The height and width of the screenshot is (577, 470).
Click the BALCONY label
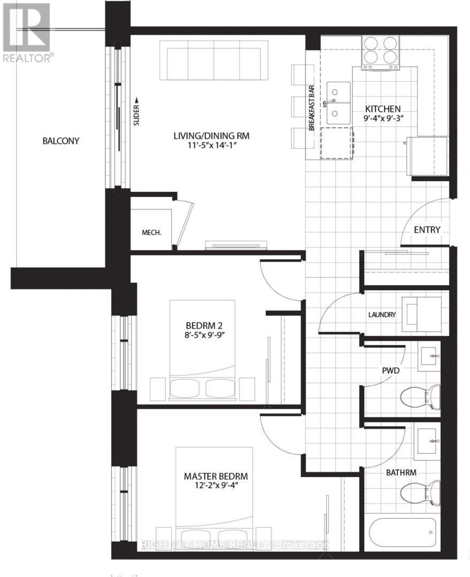click(x=60, y=141)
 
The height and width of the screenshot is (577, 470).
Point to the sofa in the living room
click(x=214, y=62)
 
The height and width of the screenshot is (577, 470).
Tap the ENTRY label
click(x=427, y=230)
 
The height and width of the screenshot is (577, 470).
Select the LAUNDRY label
click(x=381, y=315)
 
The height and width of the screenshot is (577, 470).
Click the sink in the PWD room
click(x=428, y=356)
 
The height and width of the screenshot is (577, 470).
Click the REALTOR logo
click(x=26, y=32)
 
